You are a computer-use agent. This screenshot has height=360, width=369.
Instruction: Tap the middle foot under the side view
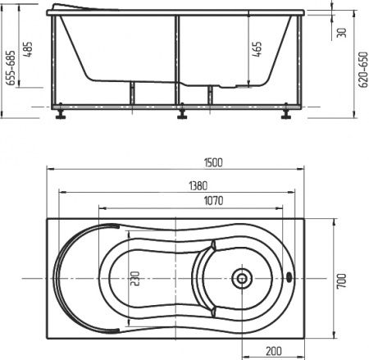tap(180, 115)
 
